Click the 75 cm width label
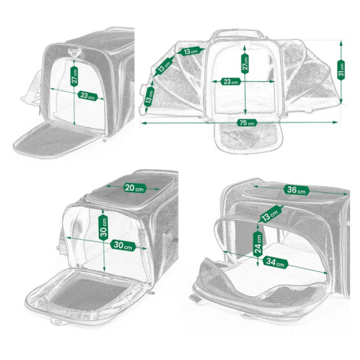[247, 123]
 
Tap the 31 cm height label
[341, 70]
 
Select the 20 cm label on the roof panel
[135, 188]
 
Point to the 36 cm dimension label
[296, 190]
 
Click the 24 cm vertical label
[258, 244]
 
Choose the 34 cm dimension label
[275, 262]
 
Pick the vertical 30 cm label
[103, 227]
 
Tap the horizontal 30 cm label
[123, 246]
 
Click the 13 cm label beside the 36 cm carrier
[270, 214]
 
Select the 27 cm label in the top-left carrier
[74, 76]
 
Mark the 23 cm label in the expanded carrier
[231, 82]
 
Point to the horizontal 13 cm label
[191, 51]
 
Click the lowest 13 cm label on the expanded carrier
[149, 97]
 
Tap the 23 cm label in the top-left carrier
[87, 96]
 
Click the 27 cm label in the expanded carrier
[245, 64]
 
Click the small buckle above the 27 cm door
[74, 52]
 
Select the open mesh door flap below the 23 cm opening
[56, 139]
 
